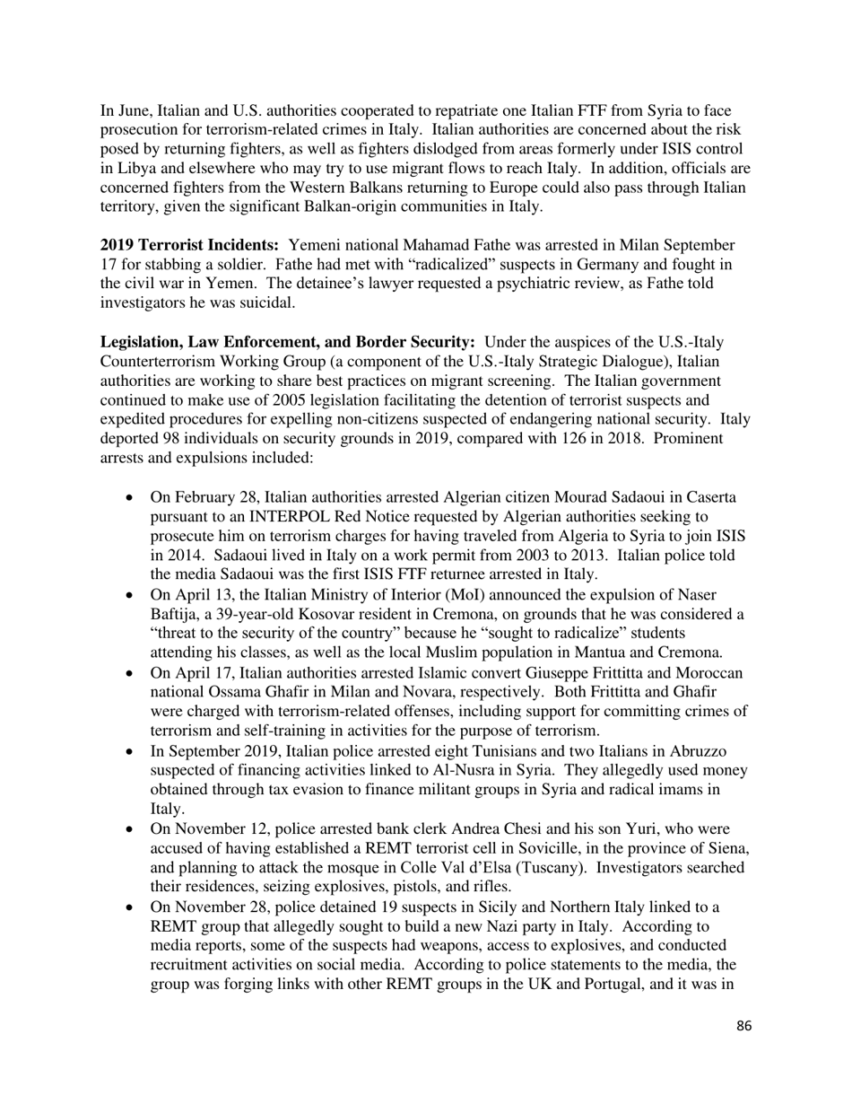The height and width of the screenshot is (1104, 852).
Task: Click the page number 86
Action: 743,1026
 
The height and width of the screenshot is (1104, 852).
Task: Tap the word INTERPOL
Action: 298,516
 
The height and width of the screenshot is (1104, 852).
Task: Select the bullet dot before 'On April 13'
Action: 132,595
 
